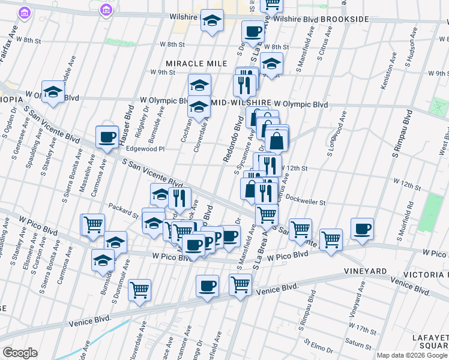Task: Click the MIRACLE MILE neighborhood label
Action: pyautogui.click(x=197, y=64)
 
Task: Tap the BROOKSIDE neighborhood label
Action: pyautogui.click(x=344, y=20)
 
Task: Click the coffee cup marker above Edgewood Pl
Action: pyautogui.click(x=107, y=137)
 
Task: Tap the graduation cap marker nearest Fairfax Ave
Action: pyautogui.click(x=53, y=92)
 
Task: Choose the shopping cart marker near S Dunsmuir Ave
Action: pyautogui.click(x=139, y=290)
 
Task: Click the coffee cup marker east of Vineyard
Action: pyautogui.click(x=362, y=229)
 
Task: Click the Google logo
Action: pyautogui.click(x=20, y=352)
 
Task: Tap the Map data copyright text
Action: pyautogui.click(x=412, y=355)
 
